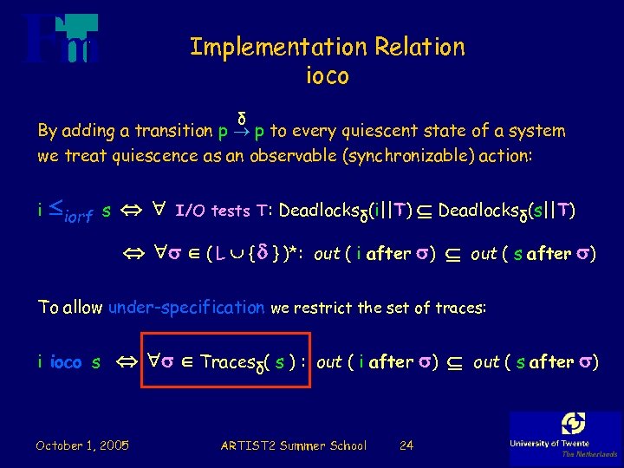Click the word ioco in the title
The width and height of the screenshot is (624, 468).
pyautogui.click(x=327, y=76)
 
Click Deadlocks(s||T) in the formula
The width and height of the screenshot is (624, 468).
pyautogui.click(x=507, y=211)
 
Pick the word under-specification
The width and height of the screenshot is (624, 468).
pyautogui.click(x=186, y=307)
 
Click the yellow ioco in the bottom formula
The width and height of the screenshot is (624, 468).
pyautogui.click(x=66, y=362)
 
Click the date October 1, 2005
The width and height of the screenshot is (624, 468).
pyautogui.click(x=82, y=445)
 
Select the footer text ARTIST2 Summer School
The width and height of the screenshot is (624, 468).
pyautogui.click(x=293, y=445)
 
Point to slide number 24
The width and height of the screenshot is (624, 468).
pyautogui.click(x=406, y=445)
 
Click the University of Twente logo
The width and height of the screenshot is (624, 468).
pyautogui.click(x=565, y=435)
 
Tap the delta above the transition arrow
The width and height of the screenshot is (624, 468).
pyautogui.click(x=243, y=116)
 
